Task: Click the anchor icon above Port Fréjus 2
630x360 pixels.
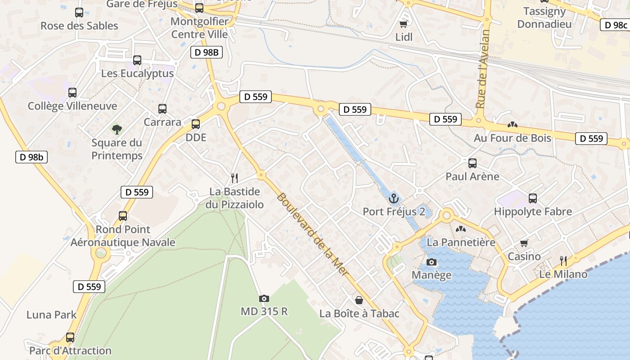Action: coord(394,198)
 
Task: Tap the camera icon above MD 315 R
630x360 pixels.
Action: coord(264,298)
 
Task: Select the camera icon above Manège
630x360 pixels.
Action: coord(432,262)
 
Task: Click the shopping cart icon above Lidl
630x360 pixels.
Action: coord(404,24)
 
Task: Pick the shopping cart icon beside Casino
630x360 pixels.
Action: coord(524,243)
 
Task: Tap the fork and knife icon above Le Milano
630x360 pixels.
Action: coord(563,261)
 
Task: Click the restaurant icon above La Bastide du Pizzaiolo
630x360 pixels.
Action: coord(234,178)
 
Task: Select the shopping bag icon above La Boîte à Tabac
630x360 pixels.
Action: coord(359,300)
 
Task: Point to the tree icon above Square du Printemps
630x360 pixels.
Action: coord(117,130)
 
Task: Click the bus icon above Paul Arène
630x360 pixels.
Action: coord(472,163)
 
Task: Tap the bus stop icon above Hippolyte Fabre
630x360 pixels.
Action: coord(533,198)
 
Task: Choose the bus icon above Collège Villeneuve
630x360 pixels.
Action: coord(72,93)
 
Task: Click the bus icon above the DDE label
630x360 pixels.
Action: coord(196,124)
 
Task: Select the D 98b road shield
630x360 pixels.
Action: coord(31,157)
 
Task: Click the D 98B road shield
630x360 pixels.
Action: coord(207,52)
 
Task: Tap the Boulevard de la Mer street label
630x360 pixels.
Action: coord(312,234)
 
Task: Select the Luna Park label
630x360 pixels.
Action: coord(52,315)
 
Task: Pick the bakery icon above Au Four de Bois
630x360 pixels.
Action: coord(512,125)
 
